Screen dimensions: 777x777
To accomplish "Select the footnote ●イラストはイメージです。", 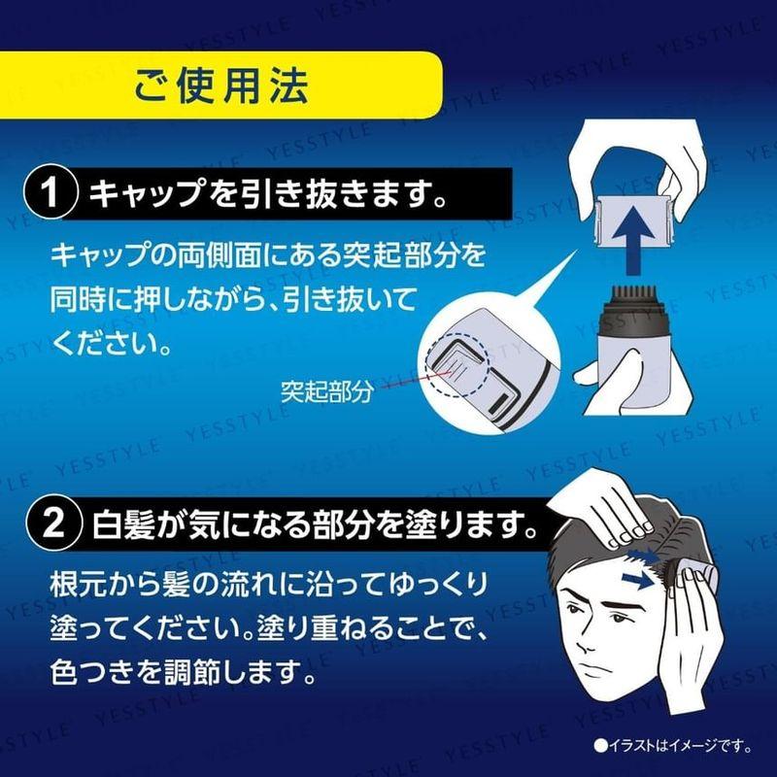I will pos(673,747).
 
